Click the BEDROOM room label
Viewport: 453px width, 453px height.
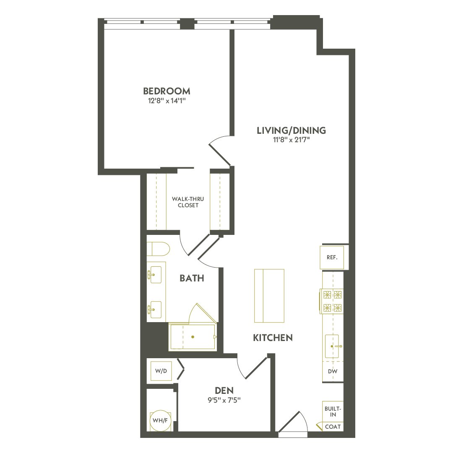pos(167,91)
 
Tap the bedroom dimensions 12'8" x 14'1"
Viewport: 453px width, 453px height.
pos(167,101)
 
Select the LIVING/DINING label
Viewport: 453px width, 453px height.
pos(291,130)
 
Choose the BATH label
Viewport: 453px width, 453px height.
pos(192,278)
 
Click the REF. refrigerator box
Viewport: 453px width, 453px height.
pos(332,258)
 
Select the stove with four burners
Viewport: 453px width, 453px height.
pos(332,301)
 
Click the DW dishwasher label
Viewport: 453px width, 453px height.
pos(333,372)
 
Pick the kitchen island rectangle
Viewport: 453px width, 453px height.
pos(269,296)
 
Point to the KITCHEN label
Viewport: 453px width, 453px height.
pos(273,338)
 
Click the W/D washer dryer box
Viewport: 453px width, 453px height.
pos(161,371)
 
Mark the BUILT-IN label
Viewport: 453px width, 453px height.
pos(333,411)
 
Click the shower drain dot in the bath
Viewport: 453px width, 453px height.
pos(193,337)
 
